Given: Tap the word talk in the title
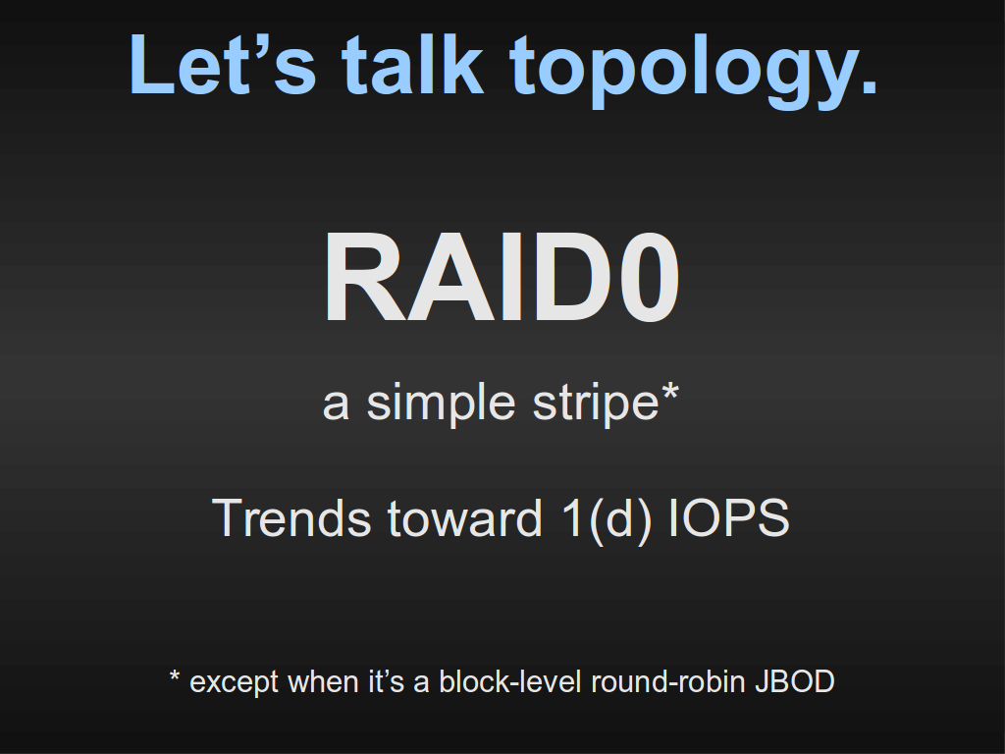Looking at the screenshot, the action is tap(412, 64).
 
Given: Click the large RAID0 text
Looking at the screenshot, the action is tap(502, 278).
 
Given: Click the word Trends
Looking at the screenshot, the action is tap(291, 518).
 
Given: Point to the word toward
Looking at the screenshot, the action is tap(464, 519).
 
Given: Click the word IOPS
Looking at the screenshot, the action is tap(729, 518).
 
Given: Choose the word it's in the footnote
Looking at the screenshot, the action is tap(386, 681).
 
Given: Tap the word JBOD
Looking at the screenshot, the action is tap(795, 681).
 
